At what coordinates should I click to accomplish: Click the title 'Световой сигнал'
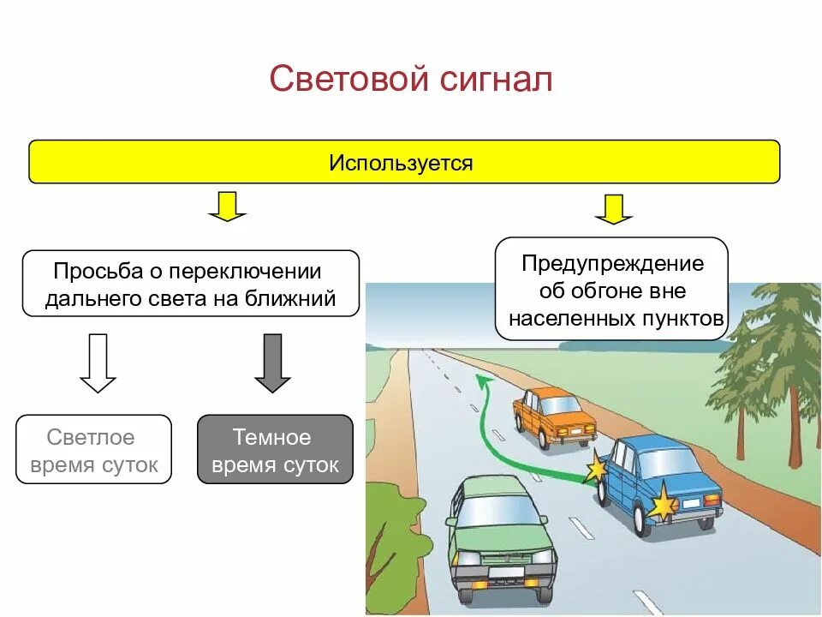click(411, 80)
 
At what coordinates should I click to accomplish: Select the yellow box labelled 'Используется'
click(404, 162)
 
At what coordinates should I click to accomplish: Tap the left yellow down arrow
click(227, 207)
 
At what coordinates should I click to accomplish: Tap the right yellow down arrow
click(613, 209)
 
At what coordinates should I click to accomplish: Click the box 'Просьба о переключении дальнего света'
click(190, 285)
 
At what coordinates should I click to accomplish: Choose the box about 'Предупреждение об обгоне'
click(611, 290)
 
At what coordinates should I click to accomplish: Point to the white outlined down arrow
click(98, 363)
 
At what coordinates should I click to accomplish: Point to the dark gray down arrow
click(273, 363)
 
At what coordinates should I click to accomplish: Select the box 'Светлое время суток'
click(93, 450)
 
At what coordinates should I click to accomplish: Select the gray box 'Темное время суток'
click(275, 450)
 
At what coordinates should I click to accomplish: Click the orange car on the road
click(553, 417)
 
